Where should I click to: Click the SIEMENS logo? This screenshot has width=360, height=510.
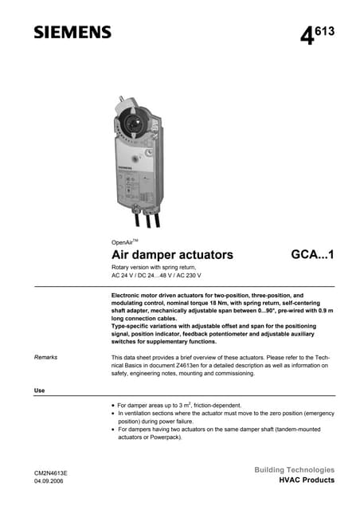point(72,32)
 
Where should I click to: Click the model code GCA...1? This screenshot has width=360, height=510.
point(313,255)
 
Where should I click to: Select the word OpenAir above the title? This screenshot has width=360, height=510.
point(122,241)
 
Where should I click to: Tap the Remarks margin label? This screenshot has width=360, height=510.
point(45,357)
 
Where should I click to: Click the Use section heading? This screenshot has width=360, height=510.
point(39,390)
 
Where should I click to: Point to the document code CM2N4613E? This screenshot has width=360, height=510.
point(50,473)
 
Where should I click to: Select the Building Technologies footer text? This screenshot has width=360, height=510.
point(295,469)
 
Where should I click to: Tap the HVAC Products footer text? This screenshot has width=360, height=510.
point(307,481)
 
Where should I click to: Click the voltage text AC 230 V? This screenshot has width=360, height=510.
point(188,275)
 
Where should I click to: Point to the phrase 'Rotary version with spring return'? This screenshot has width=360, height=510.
point(154,266)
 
